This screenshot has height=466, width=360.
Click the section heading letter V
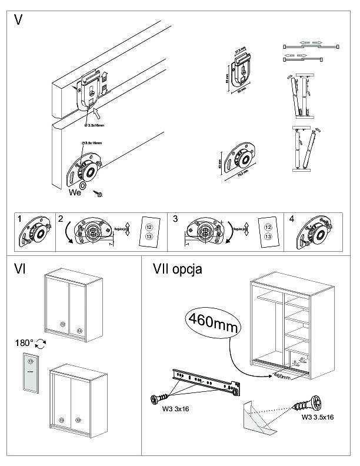[19, 19]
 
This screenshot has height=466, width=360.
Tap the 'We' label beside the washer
[74, 192]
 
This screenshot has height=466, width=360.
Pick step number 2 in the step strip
[61, 218]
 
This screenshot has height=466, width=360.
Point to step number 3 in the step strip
[175, 218]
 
